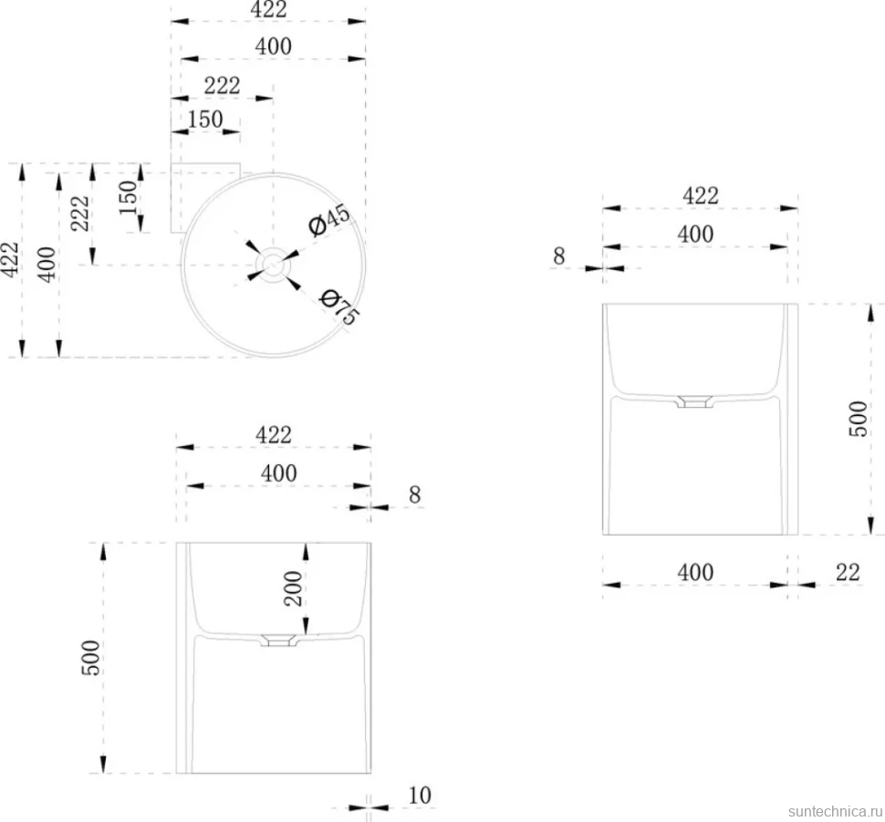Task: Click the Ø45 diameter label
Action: [329, 219]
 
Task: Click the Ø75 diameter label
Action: [338, 307]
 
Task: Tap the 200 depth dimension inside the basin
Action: [294, 588]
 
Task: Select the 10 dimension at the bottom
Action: [420, 796]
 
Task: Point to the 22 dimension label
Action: [848, 572]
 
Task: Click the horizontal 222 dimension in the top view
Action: [223, 86]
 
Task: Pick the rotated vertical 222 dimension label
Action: [80, 213]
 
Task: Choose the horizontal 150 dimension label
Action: [205, 120]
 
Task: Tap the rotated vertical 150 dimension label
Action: [129, 198]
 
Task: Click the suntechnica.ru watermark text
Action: [836, 811]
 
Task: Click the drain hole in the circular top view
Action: [273, 265]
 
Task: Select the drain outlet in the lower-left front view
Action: [278, 640]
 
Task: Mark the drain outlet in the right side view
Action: [695, 401]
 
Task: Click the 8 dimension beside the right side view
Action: [558, 256]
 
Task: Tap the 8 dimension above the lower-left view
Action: [415, 495]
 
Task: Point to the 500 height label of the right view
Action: [859, 419]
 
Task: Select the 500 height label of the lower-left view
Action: [91, 658]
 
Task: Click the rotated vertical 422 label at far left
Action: [10, 260]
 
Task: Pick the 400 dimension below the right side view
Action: [695, 572]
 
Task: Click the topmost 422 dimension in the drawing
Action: [268, 10]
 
